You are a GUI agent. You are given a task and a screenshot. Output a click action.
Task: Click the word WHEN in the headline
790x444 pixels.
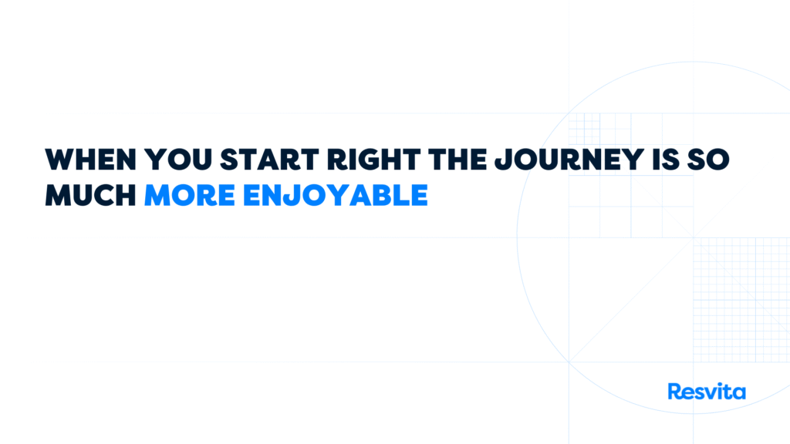pos(91,160)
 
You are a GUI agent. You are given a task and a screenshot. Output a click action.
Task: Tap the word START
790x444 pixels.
pos(269,160)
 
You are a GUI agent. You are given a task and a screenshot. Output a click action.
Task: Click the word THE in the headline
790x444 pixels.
pos(458,160)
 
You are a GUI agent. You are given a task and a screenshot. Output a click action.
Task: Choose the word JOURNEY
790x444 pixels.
pos(569,160)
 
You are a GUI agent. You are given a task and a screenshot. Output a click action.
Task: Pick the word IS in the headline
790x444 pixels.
pos(666,160)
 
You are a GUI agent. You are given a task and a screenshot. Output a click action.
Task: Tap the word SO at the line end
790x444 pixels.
pos(708,160)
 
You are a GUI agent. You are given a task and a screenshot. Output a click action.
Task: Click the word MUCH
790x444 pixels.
pos(91,195)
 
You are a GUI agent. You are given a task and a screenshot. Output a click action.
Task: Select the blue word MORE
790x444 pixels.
pos(190,195)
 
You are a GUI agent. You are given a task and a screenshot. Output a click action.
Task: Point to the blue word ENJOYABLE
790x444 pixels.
pos(336,195)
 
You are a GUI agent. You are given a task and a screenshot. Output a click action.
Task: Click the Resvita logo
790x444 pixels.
pos(707,391)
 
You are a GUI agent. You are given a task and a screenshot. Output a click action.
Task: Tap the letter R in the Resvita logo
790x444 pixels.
pos(675,391)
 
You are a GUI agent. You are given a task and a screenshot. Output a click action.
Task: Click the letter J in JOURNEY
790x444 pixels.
pos(504,160)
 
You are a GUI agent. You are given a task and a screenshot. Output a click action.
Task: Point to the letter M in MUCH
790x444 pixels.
pos(58,195)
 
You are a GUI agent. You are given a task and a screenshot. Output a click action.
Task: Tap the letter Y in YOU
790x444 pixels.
pos(154,160)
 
